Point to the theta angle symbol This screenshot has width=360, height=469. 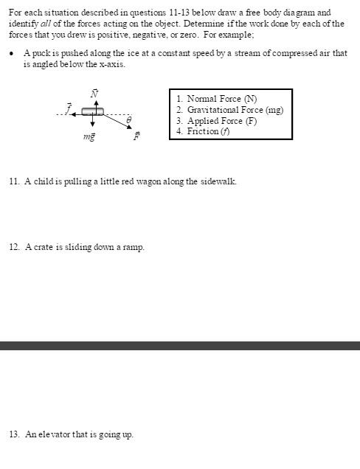[129, 118]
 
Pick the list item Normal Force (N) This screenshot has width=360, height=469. [217, 99]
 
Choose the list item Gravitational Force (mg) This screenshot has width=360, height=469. [230, 109]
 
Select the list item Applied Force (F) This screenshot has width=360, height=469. [216, 120]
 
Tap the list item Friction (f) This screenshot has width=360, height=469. [203, 131]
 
